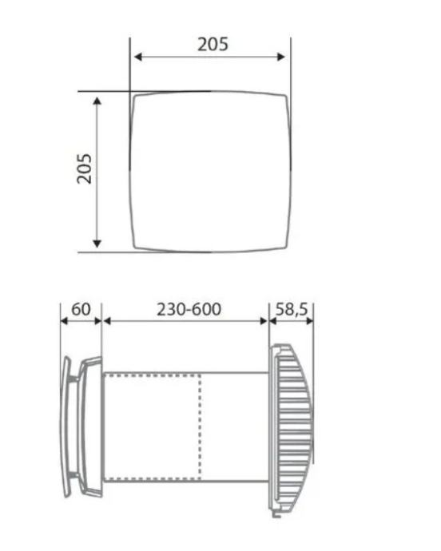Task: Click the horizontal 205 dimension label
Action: click(213, 45)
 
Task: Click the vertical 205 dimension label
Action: click(85, 168)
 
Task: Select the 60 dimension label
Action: click(81, 309)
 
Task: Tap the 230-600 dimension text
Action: click(189, 309)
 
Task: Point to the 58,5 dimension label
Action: click(292, 309)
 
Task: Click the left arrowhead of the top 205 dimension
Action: click(138, 57)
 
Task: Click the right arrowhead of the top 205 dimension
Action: click(280, 57)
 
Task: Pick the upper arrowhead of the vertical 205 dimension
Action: click(97, 101)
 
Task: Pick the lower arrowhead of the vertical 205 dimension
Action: click(97, 244)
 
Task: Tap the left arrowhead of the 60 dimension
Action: click(64, 321)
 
